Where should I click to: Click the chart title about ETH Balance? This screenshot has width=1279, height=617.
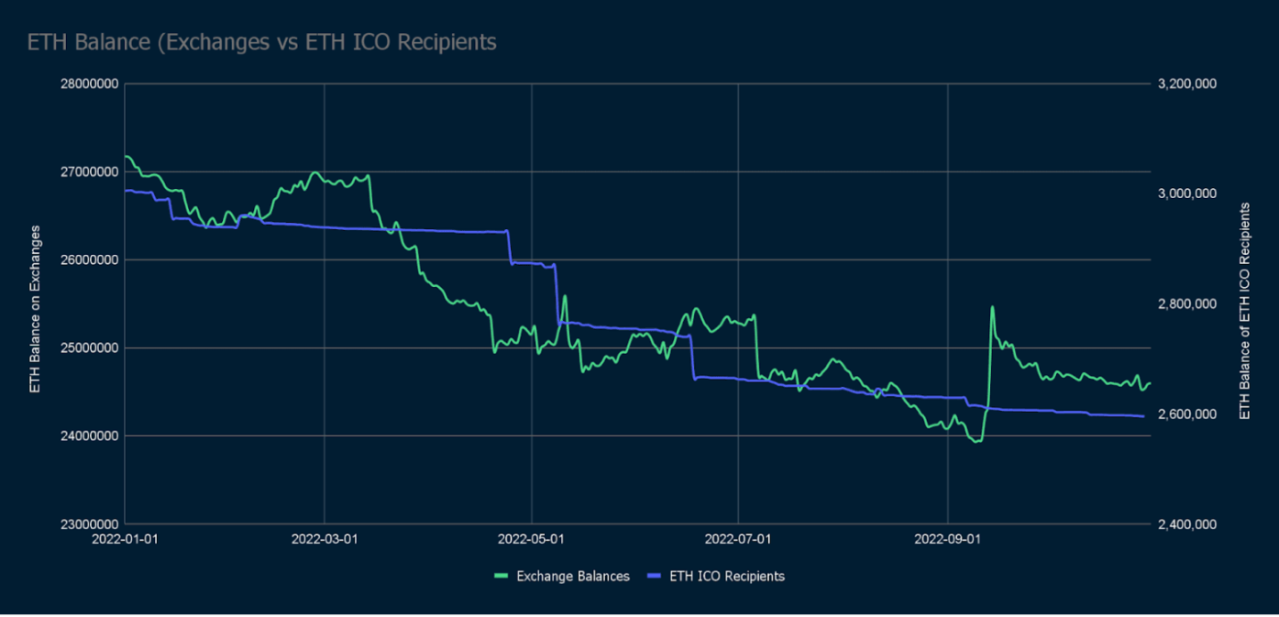[x=261, y=42]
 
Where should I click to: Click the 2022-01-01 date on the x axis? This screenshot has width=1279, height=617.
[x=125, y=539]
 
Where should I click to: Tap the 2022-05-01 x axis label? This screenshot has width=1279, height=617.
[x=532, y=539]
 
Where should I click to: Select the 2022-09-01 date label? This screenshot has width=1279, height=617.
[x=946, y=539]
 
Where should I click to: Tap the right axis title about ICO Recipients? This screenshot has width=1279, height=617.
[x=1244, y=312]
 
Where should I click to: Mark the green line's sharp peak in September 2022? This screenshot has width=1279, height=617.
[x=992, y=307]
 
